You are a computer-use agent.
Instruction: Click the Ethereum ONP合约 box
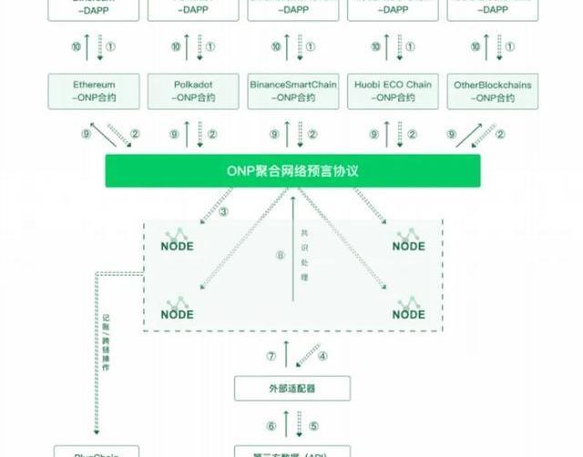(94, 90)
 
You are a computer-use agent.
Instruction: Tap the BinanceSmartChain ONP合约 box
(292, 90)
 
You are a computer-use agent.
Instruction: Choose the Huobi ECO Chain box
(394, 90)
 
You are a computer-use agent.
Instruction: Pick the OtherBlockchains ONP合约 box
(492, 90)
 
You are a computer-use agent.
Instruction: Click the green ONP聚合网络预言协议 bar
(292, 170)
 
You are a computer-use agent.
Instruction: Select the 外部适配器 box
(292, 388)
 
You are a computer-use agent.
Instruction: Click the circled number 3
(224, 213)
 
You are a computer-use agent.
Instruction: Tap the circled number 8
(281, 255)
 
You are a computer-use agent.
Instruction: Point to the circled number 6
(271, 425)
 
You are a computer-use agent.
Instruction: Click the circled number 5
(313, 425)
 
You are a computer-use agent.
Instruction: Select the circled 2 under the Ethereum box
(136, 134)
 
